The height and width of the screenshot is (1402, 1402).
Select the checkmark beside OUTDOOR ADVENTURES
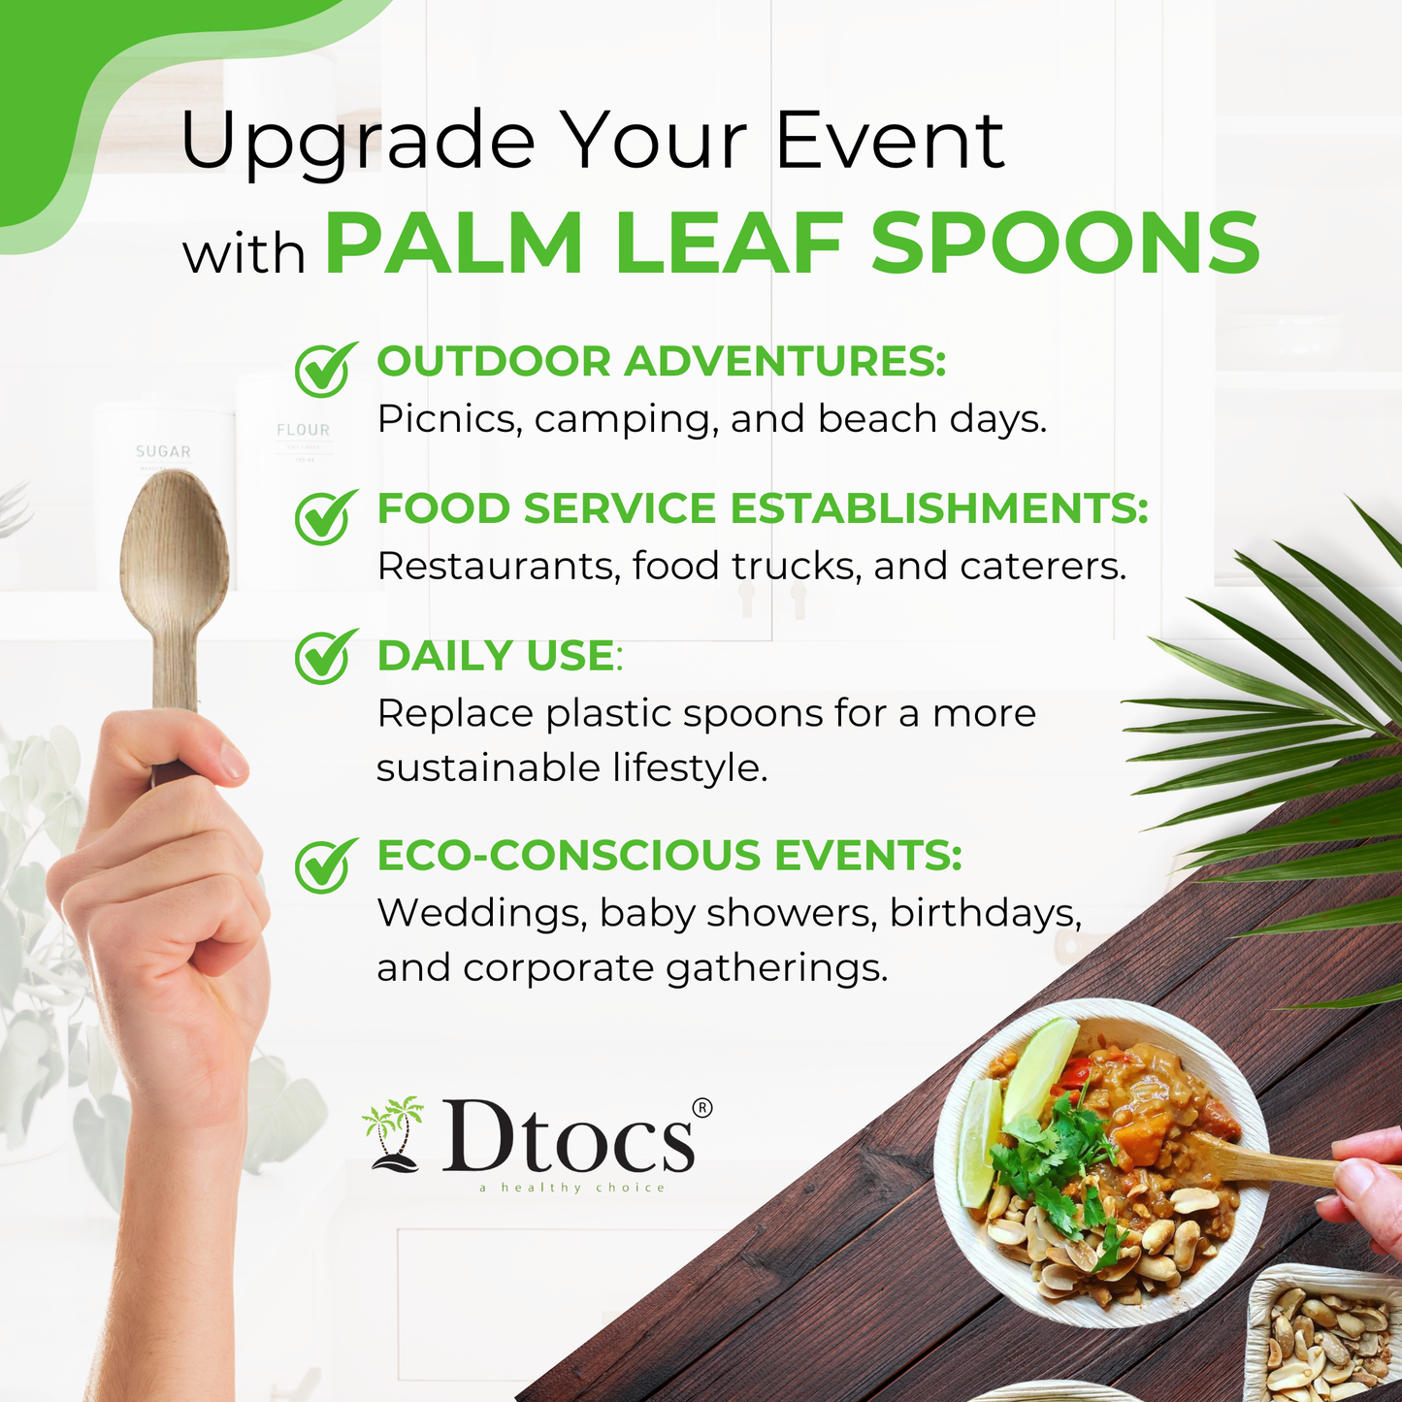[x=325, y=369]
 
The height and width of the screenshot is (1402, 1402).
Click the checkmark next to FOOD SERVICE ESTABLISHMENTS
[x=325, y=516]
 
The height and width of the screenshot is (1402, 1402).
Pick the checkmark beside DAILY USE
[x=325, y=656]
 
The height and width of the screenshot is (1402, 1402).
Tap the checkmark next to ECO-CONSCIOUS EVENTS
[x=325, y=865]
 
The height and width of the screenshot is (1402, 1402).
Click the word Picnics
[x=449, y=419]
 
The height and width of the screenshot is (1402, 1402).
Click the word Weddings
[x=481, y=914]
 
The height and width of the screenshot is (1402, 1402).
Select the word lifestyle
[x=690, y=768]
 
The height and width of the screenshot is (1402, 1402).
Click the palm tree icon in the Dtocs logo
[x=393, y=1136]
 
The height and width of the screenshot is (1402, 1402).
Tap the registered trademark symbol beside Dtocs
[x=702, y=1107]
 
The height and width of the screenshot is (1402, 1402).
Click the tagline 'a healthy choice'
[x=571, y=1189]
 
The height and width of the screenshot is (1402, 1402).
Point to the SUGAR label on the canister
[x=163, y=452]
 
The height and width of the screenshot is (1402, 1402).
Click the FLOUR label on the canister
[x=303, y=430]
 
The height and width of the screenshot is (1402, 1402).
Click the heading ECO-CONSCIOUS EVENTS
[x=669, y=855]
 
